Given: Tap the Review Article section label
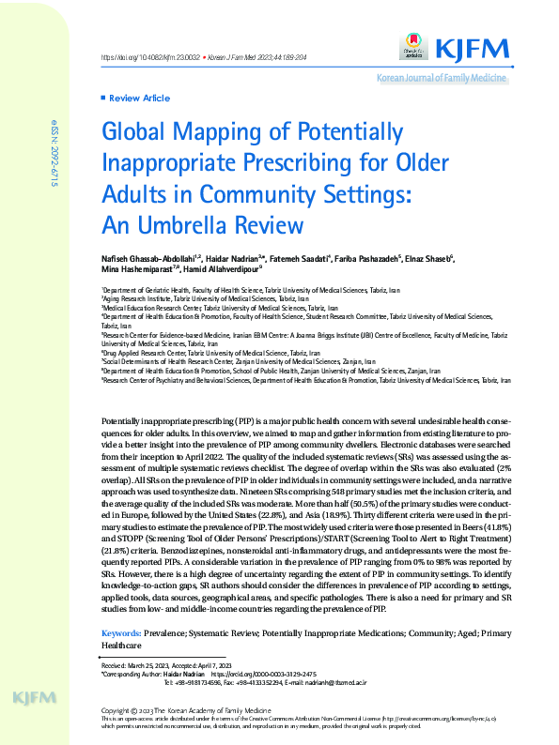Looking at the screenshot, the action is pos(140,98).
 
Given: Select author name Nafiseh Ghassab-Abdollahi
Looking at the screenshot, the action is pos(147,257).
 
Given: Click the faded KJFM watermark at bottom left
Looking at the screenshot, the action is pos(37,697).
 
